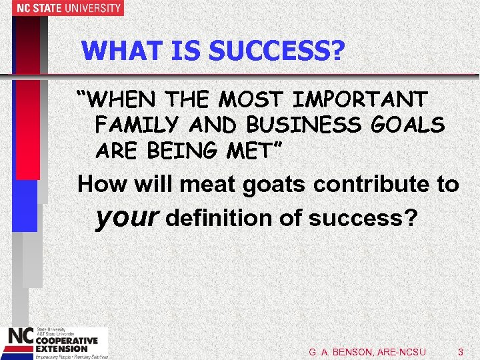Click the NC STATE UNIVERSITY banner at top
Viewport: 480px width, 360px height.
[61, 8]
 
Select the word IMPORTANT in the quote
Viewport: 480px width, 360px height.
[359, 100]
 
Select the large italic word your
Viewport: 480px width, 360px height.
[127, 217]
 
